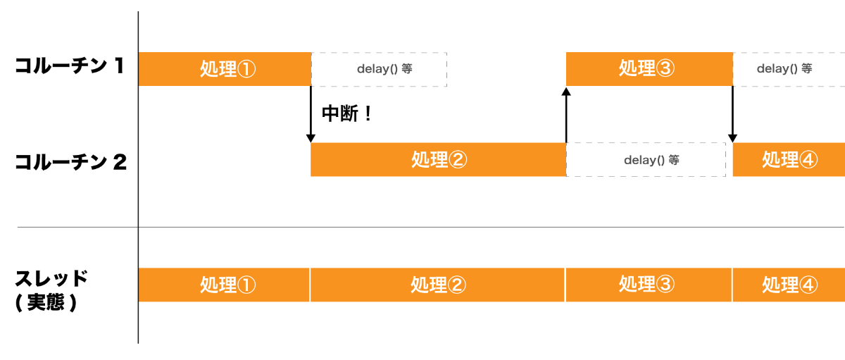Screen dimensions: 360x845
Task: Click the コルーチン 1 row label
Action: tap(70, 67)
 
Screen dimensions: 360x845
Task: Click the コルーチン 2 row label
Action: tap(70, 163)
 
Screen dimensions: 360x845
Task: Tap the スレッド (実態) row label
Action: tap(51, 290)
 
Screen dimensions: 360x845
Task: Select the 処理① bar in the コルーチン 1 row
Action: tap(225, 69)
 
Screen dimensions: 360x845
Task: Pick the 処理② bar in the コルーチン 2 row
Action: tap(438, 160)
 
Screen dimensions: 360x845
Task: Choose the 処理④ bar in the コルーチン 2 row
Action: tap(789, 160)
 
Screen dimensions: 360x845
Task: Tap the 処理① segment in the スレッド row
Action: tap(224, 285)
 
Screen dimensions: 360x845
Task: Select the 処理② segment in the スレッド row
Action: tap(437, 285)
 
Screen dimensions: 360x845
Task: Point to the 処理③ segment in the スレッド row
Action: tap(649, 285)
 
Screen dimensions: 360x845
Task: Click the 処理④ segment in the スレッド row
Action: tap(789, 285)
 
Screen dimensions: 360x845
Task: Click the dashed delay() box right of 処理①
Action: tap(379, 69)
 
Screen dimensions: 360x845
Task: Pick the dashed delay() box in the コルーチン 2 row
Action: tap(646, 160)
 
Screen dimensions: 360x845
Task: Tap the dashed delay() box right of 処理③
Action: tap(788, 69)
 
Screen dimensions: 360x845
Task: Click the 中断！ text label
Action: tap(346, 114)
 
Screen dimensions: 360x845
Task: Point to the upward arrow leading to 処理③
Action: tap(566, 114)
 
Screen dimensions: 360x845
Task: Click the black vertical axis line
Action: tap(138, 176)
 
